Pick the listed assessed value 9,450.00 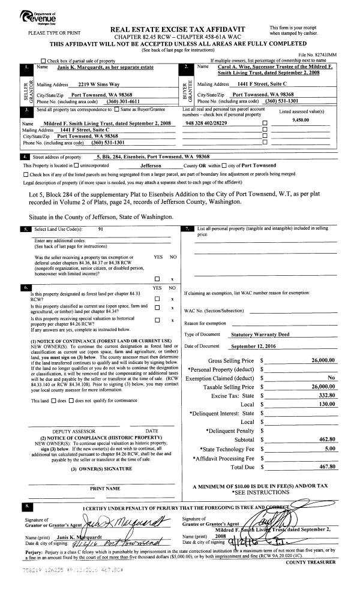(x=302, y=119)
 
